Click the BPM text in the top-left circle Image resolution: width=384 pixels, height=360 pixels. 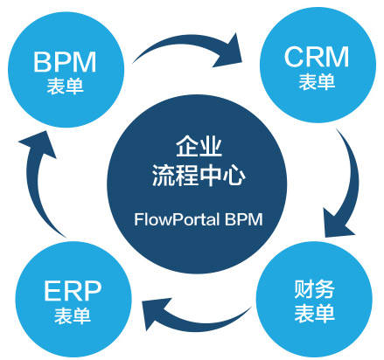65,62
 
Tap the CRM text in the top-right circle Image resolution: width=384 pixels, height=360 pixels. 317,57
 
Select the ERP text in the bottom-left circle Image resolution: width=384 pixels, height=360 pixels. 73,291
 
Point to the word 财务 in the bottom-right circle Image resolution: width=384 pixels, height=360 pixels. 314,289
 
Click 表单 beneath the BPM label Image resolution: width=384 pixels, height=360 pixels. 65,86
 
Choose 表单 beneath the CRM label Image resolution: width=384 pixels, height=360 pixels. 317,81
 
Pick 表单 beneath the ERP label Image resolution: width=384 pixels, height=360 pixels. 73,315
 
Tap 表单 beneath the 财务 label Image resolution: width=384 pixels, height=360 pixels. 314,313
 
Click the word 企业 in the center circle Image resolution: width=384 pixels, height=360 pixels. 199,146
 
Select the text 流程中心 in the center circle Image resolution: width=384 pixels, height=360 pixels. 199,175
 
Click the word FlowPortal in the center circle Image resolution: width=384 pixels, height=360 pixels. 177,219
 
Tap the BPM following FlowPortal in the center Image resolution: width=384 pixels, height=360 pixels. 244,219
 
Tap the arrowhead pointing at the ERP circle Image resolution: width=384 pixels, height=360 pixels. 155,314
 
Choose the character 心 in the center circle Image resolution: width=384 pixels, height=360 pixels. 234,176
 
